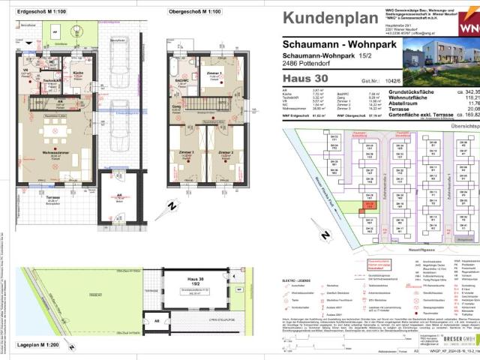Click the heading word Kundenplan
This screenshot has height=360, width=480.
(x=331, y=18)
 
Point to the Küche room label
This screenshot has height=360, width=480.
(x=77, y=73)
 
